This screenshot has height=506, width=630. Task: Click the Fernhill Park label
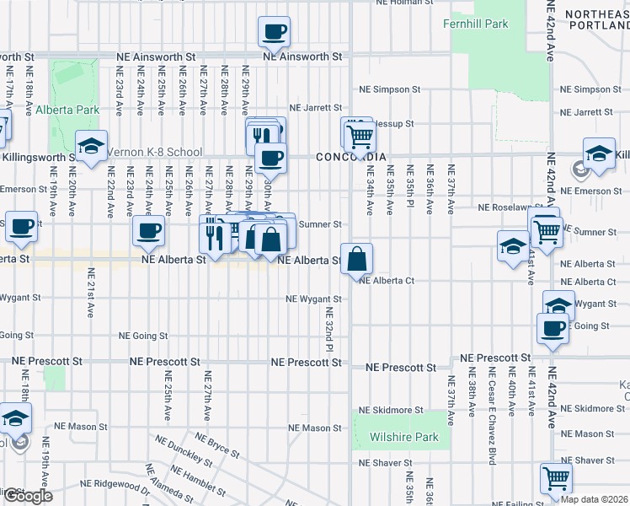click(476, 24)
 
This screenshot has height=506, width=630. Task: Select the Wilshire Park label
click(403, 438)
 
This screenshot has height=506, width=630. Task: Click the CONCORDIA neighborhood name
click(351, 158)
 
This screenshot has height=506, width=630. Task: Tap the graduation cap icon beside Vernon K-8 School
click(92, 146)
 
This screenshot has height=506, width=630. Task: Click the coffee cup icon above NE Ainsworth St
click(274, 33)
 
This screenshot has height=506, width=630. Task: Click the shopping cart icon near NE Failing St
click(556, 478)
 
